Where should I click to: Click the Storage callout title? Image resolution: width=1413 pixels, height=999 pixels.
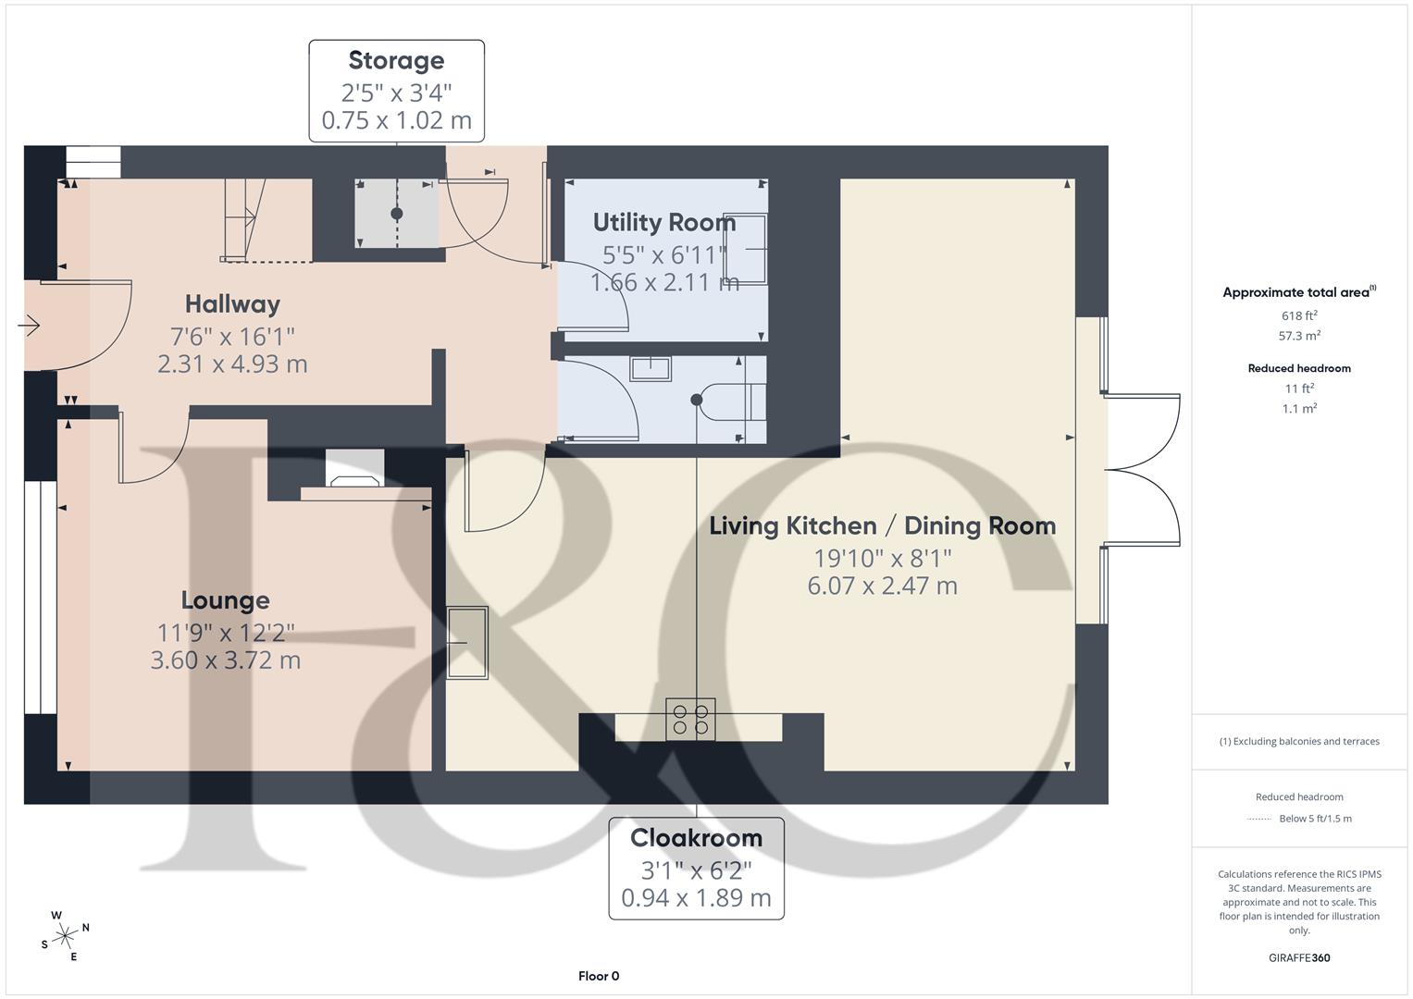pos(396,60)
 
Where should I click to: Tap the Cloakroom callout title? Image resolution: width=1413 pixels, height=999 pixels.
pos(696,838)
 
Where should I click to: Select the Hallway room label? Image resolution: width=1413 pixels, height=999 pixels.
pos(232,304)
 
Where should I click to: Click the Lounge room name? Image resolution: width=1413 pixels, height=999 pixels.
pos(225,600)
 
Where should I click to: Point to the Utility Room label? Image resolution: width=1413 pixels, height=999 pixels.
pos(663,222)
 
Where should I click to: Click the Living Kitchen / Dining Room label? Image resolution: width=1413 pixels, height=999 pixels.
pos(882,526)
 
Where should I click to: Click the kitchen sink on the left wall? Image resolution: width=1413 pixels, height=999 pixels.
pos(467,643)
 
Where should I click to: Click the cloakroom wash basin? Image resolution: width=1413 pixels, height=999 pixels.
pos(651,368)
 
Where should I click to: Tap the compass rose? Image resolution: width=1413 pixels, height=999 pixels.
pos(65,936)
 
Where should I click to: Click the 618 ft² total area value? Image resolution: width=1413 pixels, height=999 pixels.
pos(1298,315)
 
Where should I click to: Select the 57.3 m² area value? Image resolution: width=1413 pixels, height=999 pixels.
pos(1298,337)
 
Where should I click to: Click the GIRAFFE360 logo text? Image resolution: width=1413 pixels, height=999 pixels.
pos(1298,957)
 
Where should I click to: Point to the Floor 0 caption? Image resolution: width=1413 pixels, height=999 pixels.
pos(599,976)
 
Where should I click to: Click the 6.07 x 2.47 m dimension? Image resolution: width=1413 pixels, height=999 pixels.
pos(882,586)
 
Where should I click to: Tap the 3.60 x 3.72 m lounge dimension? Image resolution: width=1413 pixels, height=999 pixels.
pos(225,660)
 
